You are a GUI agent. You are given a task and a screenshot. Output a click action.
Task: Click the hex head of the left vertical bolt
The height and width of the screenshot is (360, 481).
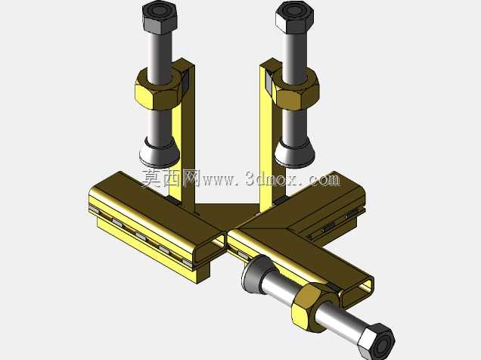(160, 17)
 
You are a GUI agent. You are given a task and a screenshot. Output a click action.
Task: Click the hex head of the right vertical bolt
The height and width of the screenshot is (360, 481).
(294, 17)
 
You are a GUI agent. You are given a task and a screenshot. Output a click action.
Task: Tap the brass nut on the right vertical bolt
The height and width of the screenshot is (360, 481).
(295, 88)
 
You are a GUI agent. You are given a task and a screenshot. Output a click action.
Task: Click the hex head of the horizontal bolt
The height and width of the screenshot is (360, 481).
(376, 341)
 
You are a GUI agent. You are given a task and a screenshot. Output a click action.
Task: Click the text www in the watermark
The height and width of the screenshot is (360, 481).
(218, 180)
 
